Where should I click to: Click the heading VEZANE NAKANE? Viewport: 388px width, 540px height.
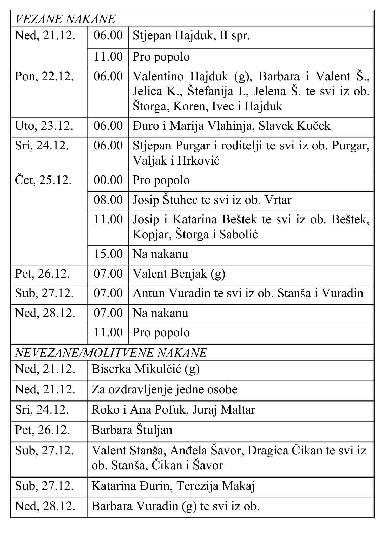click(65, 19)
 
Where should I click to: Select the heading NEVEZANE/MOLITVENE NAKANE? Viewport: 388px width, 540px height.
click(111, 353)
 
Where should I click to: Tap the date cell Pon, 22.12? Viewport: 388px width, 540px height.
click(44, 77)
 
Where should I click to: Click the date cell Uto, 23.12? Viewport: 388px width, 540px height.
click(44, 126)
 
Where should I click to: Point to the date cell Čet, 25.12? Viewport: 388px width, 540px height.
click(43, 180)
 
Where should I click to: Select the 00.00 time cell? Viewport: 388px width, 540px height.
click(108, 180)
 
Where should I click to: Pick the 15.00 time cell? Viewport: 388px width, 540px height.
click(108, 254)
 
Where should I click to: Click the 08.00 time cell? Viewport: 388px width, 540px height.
click(108, 200)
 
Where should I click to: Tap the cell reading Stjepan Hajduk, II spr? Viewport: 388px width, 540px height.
click(191, 36)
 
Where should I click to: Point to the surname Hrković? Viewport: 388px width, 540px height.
click(198, 161)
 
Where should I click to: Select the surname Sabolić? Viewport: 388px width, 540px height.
click(238, 235)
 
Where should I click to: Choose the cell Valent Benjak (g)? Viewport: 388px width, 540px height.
click(179, 274)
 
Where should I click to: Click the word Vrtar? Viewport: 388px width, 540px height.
click(278, 200)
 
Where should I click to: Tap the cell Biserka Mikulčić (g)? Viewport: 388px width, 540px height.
click(146, 369)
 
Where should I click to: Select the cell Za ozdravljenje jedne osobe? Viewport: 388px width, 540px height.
click(165, 389)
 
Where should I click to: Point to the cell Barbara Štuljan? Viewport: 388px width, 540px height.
click(132, 430)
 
